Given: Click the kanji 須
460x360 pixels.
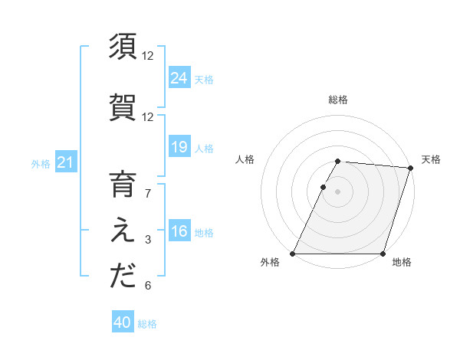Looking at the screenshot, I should pos(123,47).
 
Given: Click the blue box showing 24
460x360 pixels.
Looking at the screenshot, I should pos(179,78).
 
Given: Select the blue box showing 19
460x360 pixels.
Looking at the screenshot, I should pos(179,147).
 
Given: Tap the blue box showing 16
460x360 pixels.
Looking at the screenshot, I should pos(179,231).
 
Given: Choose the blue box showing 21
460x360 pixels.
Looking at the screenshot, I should pos(66,162).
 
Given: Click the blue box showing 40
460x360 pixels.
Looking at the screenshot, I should pos(123,323).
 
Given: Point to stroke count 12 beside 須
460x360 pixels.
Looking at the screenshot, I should pos(148,56).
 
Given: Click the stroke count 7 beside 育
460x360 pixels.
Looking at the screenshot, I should pos(148,194).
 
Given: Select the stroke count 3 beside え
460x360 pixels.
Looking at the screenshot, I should pos(148,241).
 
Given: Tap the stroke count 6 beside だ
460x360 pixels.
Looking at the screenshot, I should pos(148,286).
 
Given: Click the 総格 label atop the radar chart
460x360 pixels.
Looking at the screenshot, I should pos(338,100).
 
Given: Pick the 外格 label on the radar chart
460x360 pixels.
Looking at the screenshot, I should pos(270,262).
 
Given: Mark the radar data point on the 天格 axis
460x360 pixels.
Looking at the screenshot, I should pos(411,168).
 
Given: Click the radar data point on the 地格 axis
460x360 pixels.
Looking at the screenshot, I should pos(383,254).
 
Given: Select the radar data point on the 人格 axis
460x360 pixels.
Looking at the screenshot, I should pos(324,187).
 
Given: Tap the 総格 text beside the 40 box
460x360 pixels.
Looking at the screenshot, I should pos(147,324).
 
